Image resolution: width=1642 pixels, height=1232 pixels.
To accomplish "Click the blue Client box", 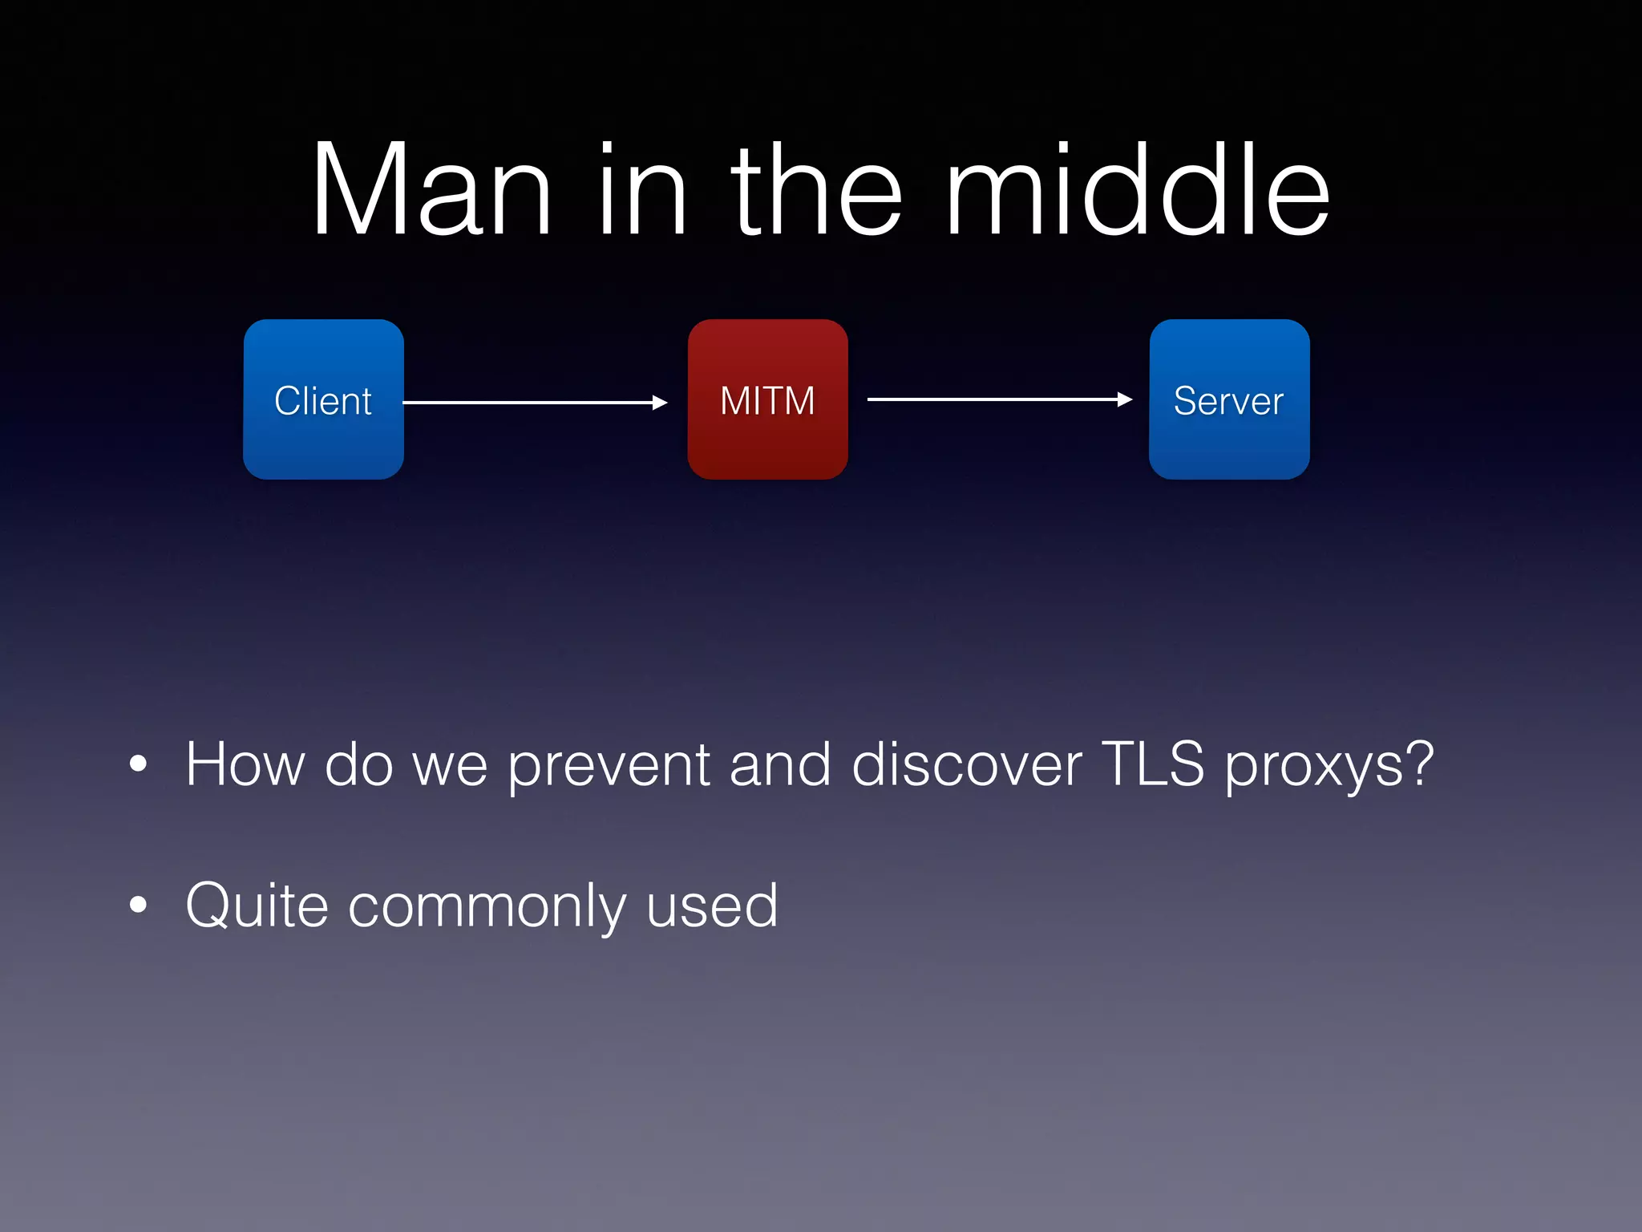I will coord(323,399).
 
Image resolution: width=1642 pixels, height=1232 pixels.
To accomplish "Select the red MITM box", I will coord(767,399).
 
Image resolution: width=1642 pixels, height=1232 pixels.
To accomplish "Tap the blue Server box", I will coord(1229,399).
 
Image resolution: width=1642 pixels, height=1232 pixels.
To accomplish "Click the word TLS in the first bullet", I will coord(1152,764).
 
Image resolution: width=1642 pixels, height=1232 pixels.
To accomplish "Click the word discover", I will coord(966,764).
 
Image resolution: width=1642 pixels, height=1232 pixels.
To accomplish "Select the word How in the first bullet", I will coord(245,764).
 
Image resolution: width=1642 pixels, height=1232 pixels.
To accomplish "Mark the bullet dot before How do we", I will coord(139,764).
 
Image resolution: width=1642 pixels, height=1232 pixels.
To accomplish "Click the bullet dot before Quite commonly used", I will coord(139,905).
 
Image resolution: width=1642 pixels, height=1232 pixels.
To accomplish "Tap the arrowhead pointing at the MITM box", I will coord(660,403).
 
